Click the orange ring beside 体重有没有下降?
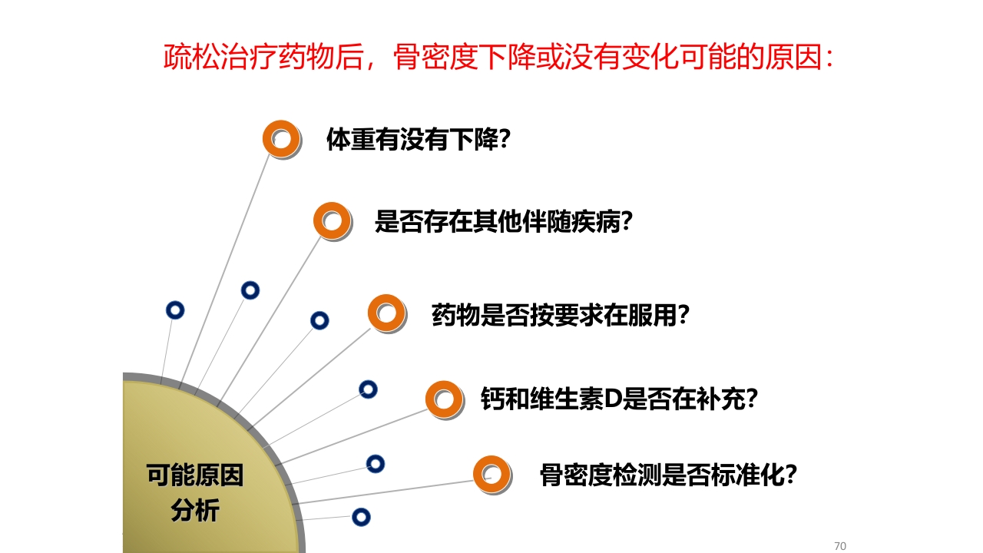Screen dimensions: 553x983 281,139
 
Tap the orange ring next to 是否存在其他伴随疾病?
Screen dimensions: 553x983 332,221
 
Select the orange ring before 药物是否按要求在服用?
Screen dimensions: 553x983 386,313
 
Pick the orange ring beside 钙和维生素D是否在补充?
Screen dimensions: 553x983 445,399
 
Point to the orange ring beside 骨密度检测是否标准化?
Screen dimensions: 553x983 491,475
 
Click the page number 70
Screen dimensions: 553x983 839,546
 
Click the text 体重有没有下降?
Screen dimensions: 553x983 419,140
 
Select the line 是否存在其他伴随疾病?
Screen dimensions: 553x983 503,222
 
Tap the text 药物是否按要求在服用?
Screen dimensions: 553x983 560,315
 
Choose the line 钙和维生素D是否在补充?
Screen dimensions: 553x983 619,399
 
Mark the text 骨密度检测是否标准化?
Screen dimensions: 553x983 668,475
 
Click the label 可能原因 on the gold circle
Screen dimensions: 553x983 195,475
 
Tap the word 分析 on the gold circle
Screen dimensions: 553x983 195,510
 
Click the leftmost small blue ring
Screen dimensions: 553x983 175,310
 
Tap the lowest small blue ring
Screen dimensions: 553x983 361,517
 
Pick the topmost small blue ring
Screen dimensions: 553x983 250,290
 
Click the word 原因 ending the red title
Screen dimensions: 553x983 795,58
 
